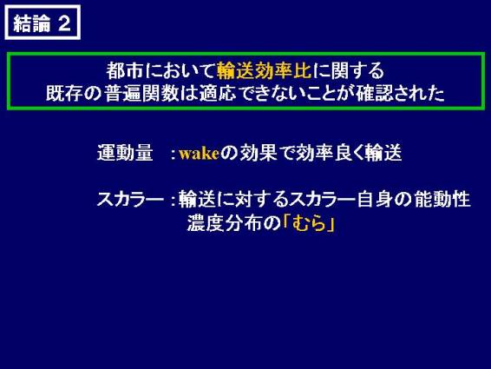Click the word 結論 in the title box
coord(31,23)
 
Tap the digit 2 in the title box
coord(64,23)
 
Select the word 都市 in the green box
coord(125,70)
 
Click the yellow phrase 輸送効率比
coord(265,70)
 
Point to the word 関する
coord(357,70)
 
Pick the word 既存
coord(65,93)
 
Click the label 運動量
coord(125,153)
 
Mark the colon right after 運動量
coord(173,154)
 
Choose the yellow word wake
coord(199,154)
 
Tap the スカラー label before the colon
coord(131,199)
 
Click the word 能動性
coord(442,199)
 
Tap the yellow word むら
coord(309,223)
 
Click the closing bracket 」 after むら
coord(331,224)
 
